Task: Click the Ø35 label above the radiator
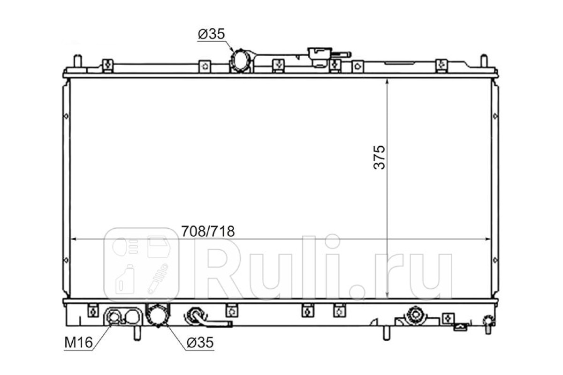coord(211,34)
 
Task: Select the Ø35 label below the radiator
coord(200,342)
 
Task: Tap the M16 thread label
coord(78,342)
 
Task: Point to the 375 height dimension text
coord(379,157)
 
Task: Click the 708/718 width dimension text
coord(208,231)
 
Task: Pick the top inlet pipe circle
coord(240,60)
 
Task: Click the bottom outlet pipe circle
coord(158,315)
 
